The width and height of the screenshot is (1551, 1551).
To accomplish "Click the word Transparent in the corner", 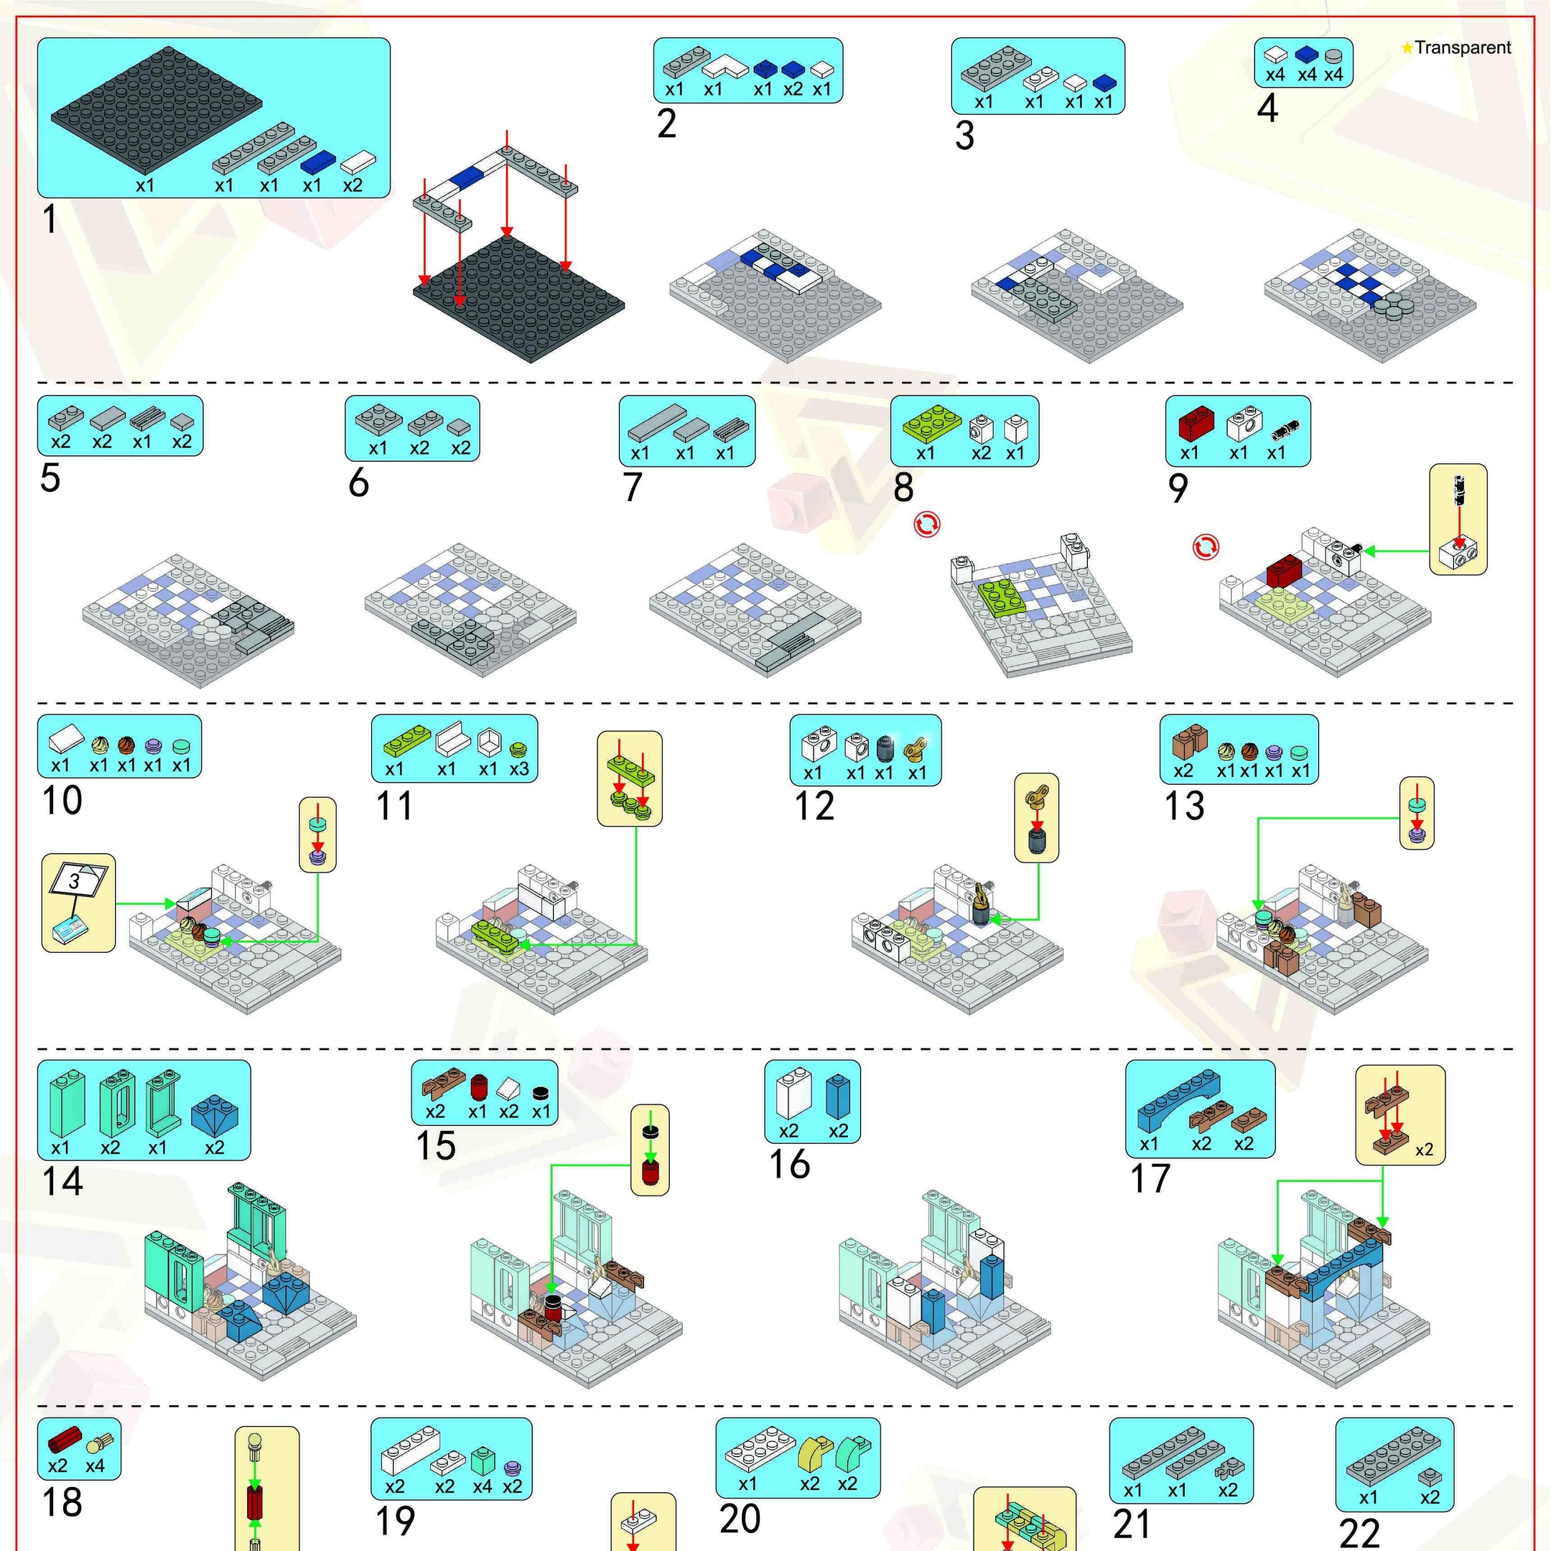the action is click(x=1463, y=48).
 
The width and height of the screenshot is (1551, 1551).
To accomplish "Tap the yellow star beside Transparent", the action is click(x=1407, y=48).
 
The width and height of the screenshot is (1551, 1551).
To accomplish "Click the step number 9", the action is click(x=1178, y=488).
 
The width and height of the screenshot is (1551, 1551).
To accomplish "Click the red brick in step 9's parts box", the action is click(x=1196, y=422).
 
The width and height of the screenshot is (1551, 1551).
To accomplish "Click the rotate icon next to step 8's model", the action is click(x=926, y=524).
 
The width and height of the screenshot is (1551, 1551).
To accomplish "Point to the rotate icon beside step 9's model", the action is click(x=1205, y=547).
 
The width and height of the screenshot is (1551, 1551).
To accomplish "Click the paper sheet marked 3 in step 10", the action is click(x=77, y=882).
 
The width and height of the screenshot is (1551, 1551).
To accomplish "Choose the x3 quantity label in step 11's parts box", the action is click(x=519, y=769).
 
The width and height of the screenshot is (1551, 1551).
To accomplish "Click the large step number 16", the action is click(x=789, y=1164).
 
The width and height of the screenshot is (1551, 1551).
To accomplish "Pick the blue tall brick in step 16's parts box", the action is click(x=837, y=1096).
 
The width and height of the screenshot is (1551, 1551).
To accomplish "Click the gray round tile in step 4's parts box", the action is click(x=1333, y=55).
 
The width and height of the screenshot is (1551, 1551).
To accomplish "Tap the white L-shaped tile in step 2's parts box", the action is click(x=727, y=65).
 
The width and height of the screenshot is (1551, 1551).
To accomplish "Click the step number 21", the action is click(x=1132, y=1524).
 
